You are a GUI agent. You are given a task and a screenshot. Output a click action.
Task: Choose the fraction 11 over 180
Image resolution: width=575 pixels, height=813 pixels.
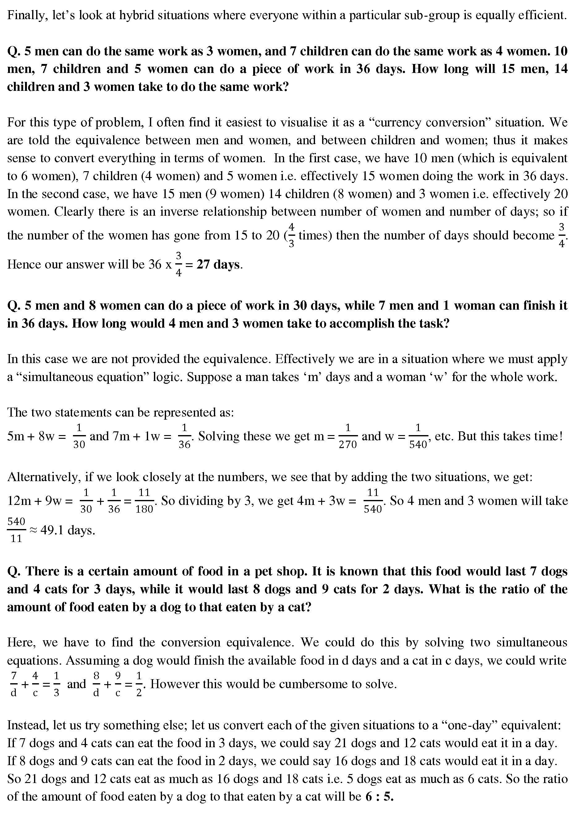[x=144, y=501]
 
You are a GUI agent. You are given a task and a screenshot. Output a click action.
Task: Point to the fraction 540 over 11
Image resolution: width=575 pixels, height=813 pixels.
[x=16, y=530]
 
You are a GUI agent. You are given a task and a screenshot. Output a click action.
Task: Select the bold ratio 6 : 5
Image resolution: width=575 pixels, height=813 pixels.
[x=379, y=796]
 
